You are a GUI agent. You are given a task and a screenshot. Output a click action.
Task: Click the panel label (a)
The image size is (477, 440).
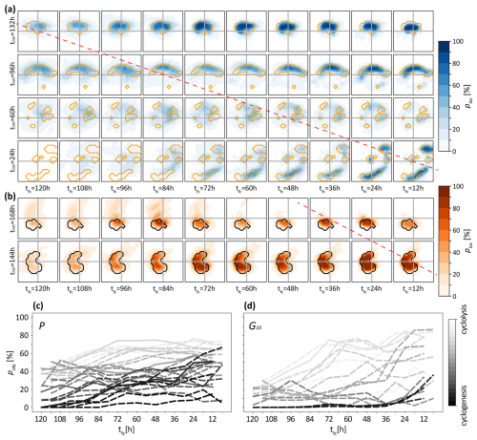click(x=9, y=6)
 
